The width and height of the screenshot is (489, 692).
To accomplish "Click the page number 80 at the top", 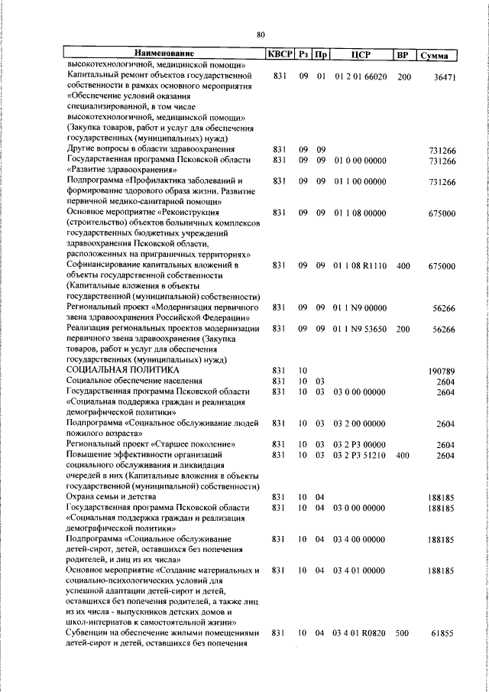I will (x=261, y=34).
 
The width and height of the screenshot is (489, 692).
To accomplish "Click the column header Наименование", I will (x=164, y=54).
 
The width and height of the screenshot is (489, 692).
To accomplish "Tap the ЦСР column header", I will (x=361, y=54).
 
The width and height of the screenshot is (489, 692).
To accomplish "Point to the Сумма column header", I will (x=439, y=55).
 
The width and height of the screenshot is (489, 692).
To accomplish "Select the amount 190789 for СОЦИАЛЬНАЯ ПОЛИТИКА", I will (x=441, y=371).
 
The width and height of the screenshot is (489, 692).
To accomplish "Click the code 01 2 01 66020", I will (x=361, y=76).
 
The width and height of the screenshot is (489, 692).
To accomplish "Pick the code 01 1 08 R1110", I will (x=361, y=265).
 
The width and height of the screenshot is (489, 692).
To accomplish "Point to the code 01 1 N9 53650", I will (x=361, y=329).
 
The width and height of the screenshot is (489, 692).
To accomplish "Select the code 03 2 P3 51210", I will (x=361, y=455).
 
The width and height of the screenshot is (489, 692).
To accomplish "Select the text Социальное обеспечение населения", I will (x=134, y=381).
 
